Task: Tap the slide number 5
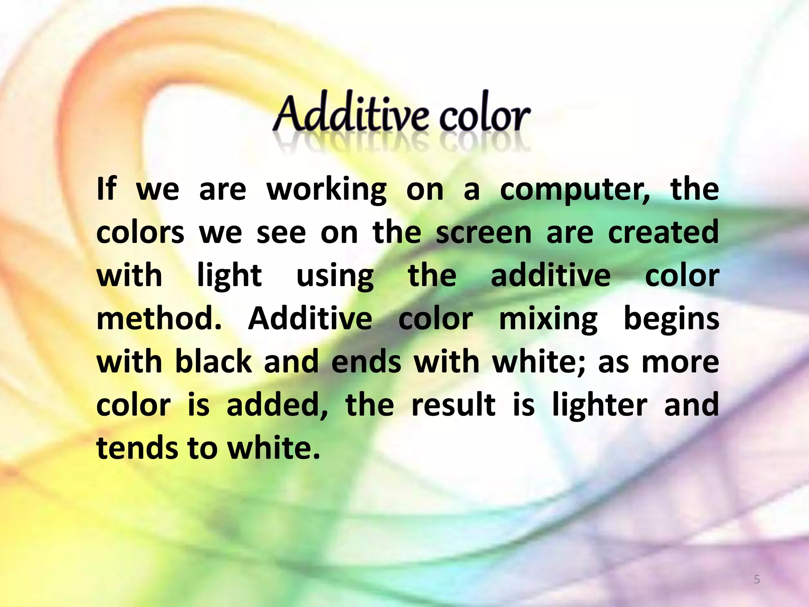[x=757, y=580]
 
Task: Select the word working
[x=327, y=190]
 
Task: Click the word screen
[x=484, y=233]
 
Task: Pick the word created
[x=663, y=233]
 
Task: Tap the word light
[x=229, y=276]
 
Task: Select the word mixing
[x=548, y=319]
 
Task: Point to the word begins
[x=671, y=319]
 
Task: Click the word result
[x=453, y=405]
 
